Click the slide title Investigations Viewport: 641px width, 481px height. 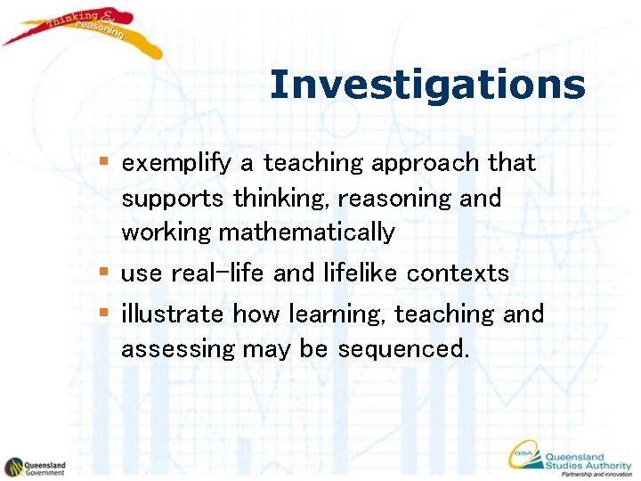click(x=427, y=86)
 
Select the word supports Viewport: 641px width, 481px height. click(x=174, y=199)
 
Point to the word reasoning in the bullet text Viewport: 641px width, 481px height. click(x=403, y=198)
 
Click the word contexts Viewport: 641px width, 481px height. click(x=458, y=273)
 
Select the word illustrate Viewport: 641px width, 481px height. click(x=173, y=314)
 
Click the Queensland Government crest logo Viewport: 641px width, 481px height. click(x=14, y=467)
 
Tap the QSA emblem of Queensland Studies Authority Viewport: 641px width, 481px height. click(x=524, y=455)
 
